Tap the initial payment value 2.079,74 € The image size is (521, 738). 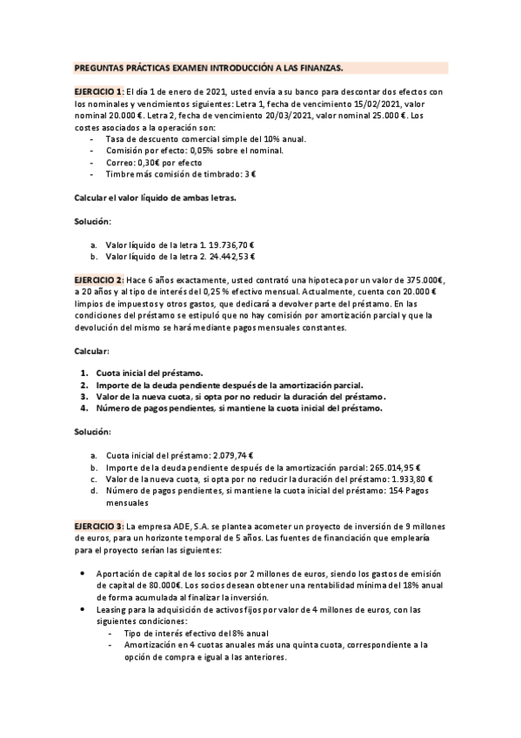coord(224,455)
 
